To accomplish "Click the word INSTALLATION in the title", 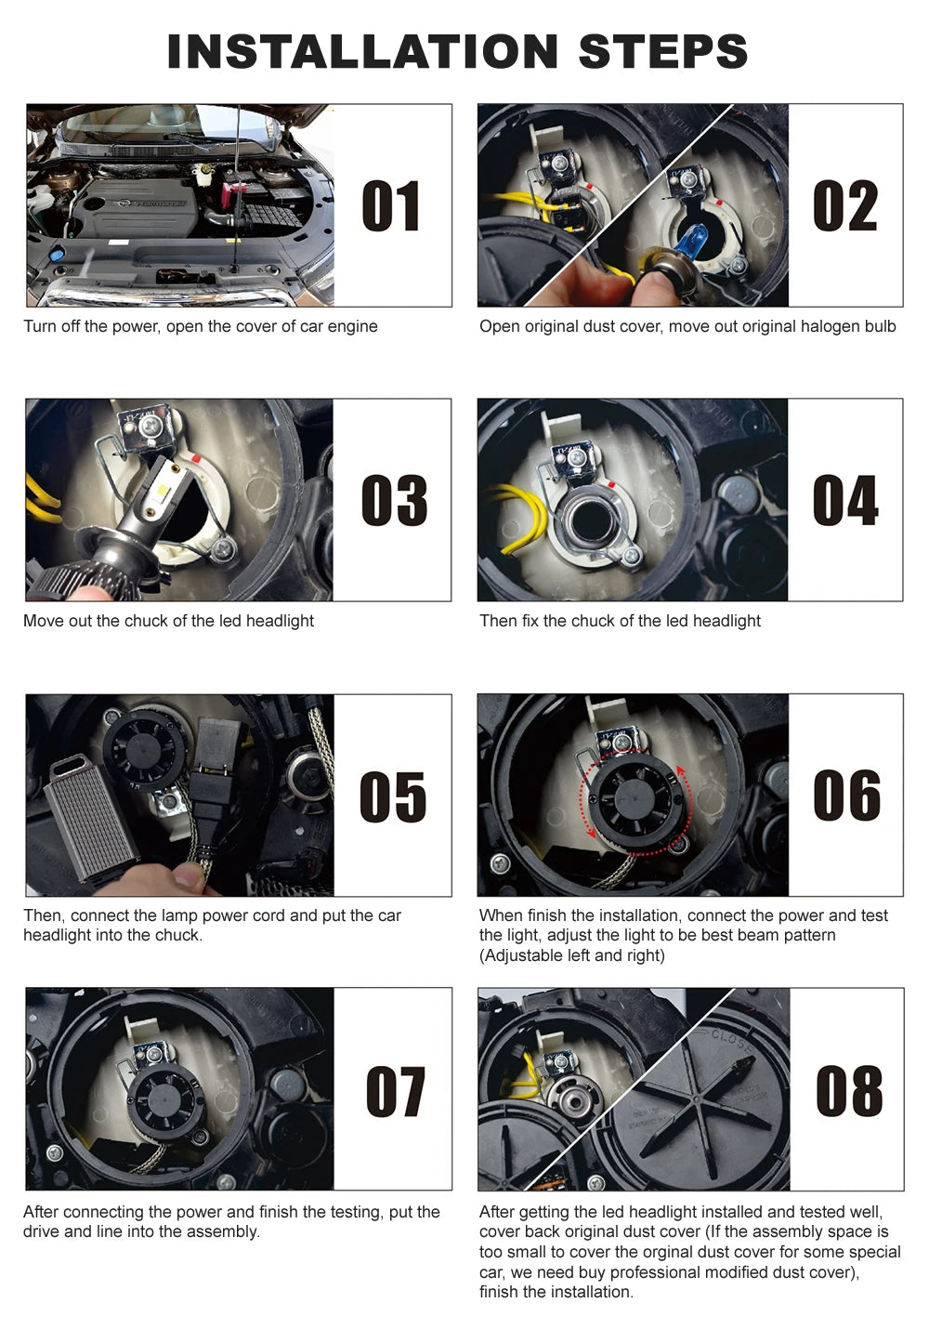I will (x=362, y=52).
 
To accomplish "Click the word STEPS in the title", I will (x=662, y=52).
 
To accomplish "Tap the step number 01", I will (x=391, y=206).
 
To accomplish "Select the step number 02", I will (x=844, y=206).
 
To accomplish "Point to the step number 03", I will (x=394, y=501).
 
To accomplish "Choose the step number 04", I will (x=844, y=501).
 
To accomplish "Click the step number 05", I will (x=393, y=796).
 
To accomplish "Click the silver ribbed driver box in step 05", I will (x=88, y=818).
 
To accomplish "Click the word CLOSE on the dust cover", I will (x=733, y=1042).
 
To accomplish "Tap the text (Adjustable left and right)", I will (x=571, y=955).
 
